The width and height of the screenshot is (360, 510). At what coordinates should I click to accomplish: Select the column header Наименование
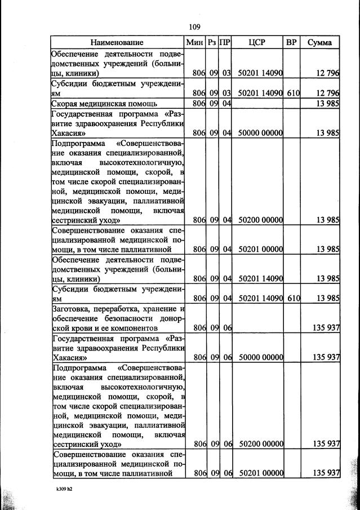point(118,42)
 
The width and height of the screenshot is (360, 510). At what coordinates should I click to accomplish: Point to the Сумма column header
point(319,42)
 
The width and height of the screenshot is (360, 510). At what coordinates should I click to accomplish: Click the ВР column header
point(291,42)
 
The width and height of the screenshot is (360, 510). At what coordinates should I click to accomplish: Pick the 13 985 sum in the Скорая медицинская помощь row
point(327,104)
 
